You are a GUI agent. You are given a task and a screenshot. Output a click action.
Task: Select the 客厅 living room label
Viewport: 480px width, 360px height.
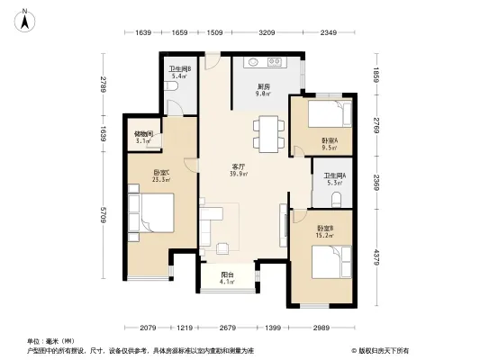239,166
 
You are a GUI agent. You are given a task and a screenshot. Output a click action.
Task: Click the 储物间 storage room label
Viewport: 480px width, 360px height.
142,134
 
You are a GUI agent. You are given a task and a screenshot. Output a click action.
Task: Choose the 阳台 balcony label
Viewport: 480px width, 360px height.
227,275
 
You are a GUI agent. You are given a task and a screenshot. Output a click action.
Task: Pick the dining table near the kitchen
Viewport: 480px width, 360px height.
267,133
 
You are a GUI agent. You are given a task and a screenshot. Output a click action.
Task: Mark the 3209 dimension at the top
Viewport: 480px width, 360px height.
267,33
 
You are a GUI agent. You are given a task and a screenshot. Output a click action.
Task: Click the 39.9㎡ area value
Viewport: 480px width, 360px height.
239,175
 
